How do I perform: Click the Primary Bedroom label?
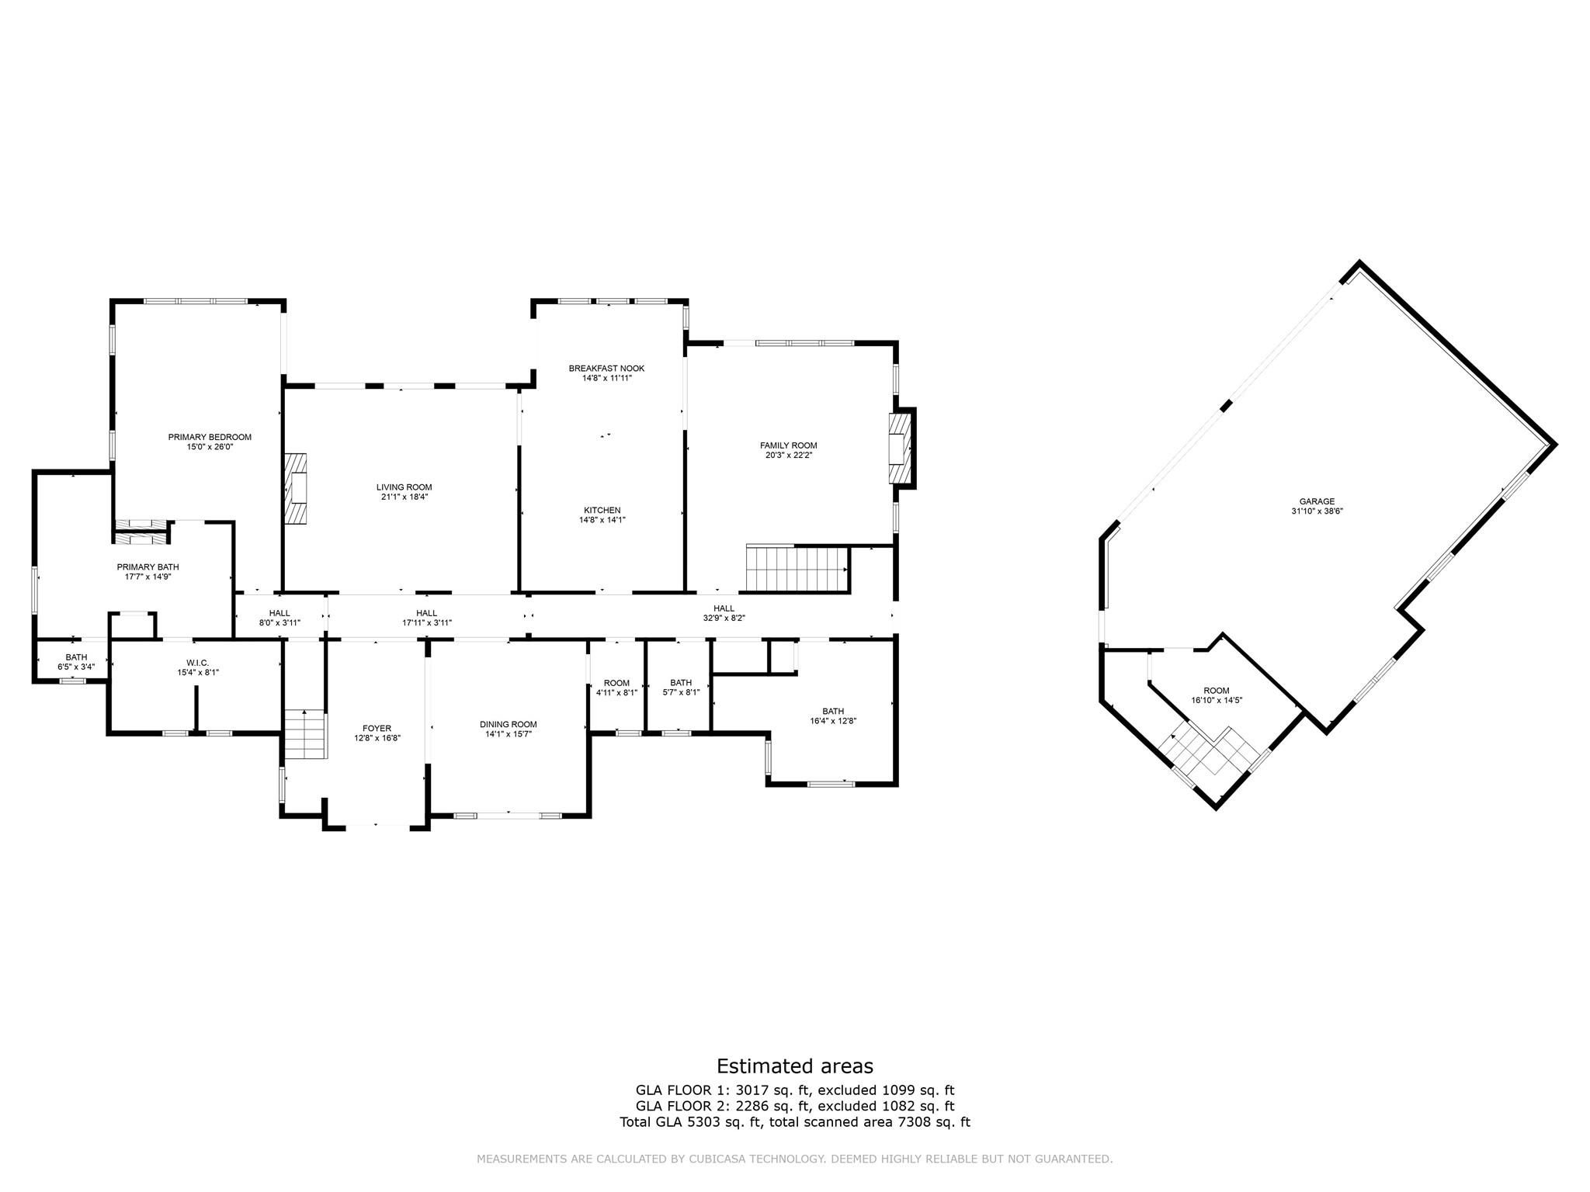[210, 437]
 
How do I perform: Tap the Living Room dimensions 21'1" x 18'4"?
[404, 497]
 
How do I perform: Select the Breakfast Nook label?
[606, 369]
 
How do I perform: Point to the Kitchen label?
[602, 510]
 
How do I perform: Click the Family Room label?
[788, 445]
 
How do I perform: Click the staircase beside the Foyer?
[304, 735]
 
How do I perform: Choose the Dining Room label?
[508, 724]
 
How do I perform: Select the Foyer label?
[377, 728]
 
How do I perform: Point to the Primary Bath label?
[148, 567]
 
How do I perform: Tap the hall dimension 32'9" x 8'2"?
[724, 619]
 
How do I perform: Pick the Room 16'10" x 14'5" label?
[1217, 695]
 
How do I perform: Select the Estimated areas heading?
[794, 1066]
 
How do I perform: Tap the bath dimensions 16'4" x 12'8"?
[833, 721]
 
